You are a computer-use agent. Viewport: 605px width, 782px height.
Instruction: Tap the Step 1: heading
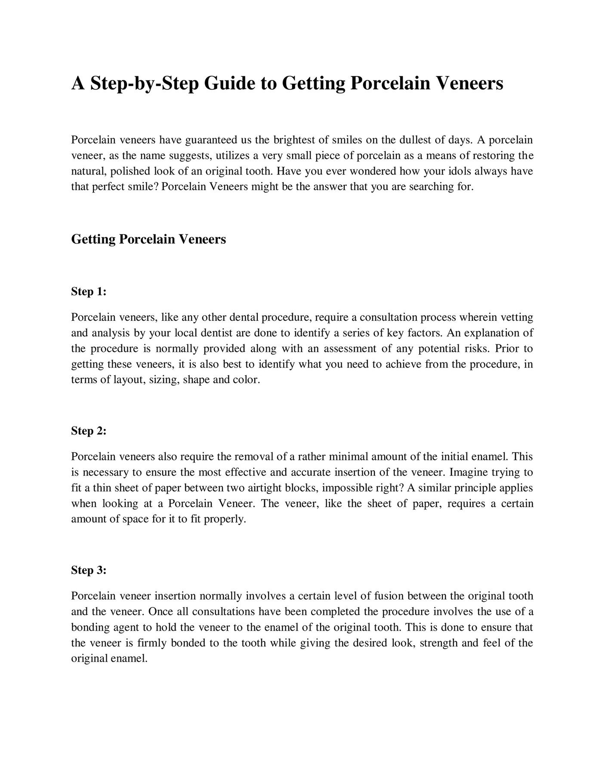click(x=88, y=291)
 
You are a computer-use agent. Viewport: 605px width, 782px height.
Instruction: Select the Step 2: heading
click(x=88, y=431)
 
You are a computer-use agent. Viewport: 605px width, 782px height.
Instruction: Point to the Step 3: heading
click(x=88, y=570)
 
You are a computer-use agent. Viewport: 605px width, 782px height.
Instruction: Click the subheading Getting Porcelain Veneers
click(x=148, y=239)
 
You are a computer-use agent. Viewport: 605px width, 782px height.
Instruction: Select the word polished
click(x=130, y=171)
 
